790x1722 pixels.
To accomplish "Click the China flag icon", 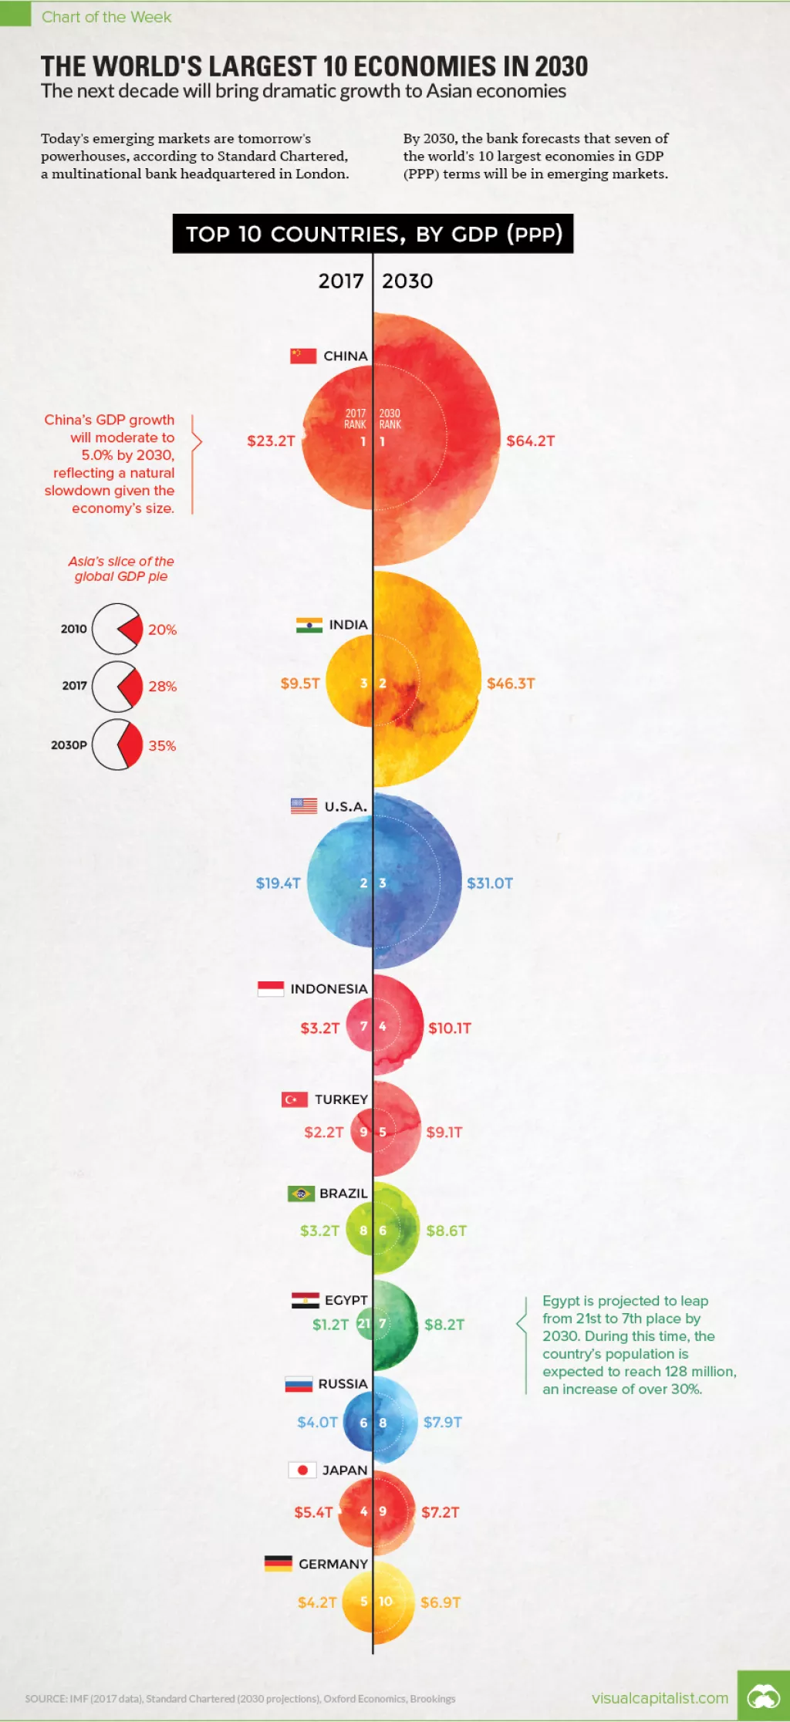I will pos(303,356).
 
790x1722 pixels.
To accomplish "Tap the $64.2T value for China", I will pos(530,441).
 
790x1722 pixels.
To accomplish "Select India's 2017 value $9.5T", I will pos(299,683).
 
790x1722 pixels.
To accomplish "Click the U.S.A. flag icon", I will pos(304,806).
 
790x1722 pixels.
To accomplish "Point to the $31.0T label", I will pos(489,883).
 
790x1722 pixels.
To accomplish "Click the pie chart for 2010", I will pos(116,629).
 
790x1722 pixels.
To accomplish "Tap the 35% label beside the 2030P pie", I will pos(162,745).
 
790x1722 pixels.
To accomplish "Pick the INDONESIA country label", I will pos(329,988).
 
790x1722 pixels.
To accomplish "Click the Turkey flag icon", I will pos(295,1099).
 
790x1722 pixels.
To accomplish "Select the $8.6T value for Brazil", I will pos(446,1231).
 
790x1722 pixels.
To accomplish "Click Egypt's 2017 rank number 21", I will pos(363,1324).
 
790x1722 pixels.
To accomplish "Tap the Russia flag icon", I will pos(299,1384).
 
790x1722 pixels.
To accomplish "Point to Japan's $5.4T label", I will pos(313,1512).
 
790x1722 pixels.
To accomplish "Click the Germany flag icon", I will pos(279,1564).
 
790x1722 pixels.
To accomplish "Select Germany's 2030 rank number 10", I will pos(385,1602).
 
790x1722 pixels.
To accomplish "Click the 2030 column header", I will pos(407,281).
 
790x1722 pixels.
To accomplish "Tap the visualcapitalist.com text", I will pos(660,1698).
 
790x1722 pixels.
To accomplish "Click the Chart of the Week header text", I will pos(106,17).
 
